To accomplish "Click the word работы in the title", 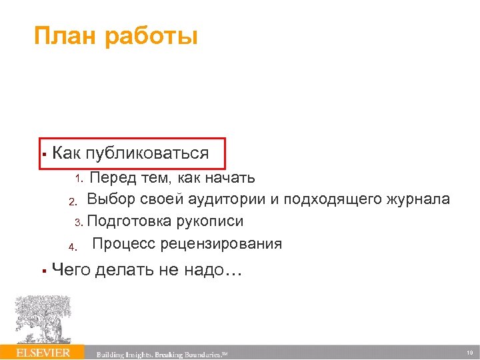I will [151, 37].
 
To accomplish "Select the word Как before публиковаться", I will [67, 153].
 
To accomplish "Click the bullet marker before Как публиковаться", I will [42, 154].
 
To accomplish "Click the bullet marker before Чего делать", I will [42, 271].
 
